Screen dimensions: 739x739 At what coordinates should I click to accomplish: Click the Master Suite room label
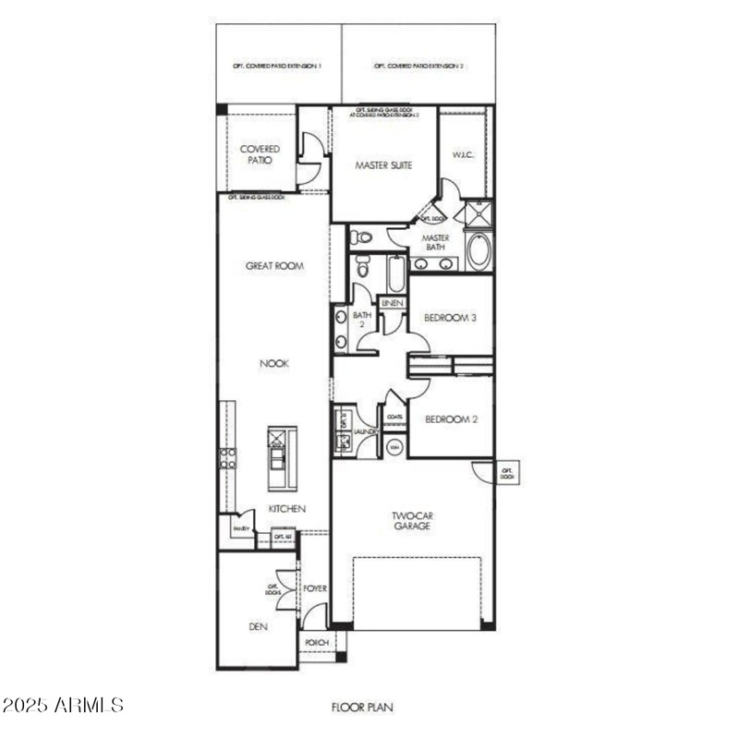[384, 165]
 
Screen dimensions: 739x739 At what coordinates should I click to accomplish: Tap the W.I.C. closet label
[463, 154]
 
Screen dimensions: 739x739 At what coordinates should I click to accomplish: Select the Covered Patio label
[260, 154]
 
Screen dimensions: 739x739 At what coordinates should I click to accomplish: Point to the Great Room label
[274, 266]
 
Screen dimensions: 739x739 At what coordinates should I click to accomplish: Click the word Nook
[274, 364]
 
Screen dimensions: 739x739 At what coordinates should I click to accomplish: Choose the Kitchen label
[286, 509]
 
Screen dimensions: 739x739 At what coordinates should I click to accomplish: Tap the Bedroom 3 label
[450, 319]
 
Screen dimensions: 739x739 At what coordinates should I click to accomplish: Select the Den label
[258, 625]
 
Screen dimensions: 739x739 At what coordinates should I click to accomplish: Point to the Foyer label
[315, 588]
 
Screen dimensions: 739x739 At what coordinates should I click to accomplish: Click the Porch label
[315, 642]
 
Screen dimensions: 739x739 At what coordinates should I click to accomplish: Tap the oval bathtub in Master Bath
[479, 252]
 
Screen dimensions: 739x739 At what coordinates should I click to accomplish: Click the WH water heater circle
[394, 448]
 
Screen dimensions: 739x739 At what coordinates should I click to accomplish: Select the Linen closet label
[392, 303]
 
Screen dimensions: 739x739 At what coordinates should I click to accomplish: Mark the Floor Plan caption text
[363, 708]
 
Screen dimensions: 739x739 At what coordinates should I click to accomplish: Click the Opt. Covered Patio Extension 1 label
[278, 67]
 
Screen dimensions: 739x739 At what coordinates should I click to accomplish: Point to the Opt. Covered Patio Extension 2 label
[418, 67]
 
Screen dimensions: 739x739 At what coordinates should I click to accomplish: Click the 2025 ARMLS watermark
[63, 706]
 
